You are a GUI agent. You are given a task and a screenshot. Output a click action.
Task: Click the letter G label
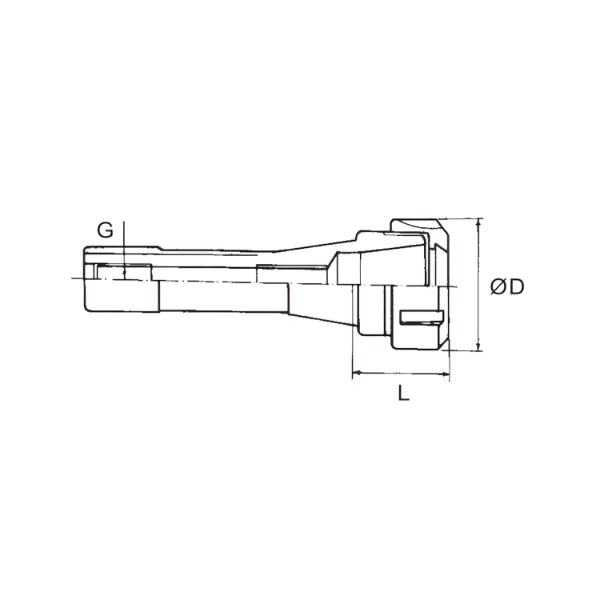105,230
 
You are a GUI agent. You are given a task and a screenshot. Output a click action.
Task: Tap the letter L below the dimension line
404,394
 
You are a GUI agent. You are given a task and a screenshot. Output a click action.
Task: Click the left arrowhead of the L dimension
357,373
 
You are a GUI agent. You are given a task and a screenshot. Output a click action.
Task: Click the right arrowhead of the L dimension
446,373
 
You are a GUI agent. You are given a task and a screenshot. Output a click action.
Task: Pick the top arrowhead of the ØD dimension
478,222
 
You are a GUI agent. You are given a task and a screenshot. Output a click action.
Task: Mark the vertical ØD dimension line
478,284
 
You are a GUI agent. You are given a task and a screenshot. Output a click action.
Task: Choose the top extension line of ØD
464,218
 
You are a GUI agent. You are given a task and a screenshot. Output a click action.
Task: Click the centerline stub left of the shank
76,278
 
